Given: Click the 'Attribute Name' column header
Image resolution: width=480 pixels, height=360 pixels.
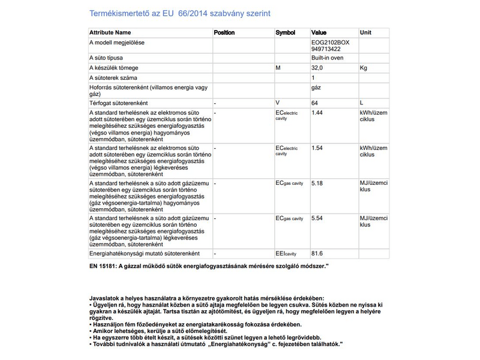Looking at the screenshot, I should point(110,32).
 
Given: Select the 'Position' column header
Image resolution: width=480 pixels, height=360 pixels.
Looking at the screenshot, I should point(224,32).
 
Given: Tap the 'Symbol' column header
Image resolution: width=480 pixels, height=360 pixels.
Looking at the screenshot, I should point(285,32).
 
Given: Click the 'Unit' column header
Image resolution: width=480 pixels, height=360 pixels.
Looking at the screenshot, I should point(365,32).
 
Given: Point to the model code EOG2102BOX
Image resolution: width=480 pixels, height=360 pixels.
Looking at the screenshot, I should point(330,43).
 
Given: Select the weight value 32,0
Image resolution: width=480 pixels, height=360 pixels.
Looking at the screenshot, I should point(317,68).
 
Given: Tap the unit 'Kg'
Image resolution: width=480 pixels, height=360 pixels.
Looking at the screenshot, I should point(363,68).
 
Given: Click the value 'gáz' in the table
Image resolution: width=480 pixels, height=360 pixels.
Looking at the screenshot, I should point(316,88).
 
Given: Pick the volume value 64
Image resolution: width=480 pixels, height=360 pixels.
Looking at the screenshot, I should point(315,103).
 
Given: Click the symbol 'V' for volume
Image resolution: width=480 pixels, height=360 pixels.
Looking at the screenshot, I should point(277,103).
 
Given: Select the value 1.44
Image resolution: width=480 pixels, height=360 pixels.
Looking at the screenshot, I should point(317,113).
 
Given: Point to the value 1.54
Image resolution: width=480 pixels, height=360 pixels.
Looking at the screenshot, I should point(317,148).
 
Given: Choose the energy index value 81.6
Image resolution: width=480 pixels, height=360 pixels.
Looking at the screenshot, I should point(317,253).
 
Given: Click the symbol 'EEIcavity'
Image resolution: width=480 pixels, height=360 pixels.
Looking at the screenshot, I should point(286,254).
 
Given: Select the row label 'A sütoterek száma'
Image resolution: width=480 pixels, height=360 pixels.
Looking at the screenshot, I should point(113,78).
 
